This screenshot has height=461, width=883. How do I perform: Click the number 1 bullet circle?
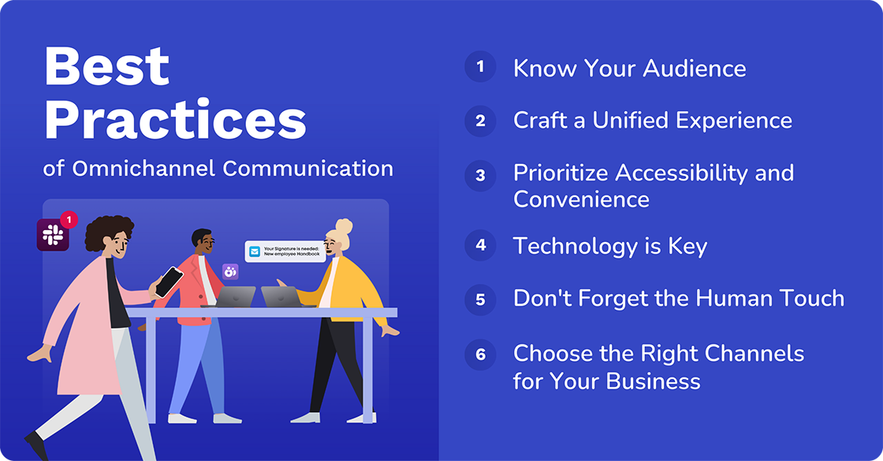point(480,66)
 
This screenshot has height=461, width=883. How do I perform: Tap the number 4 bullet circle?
point(480,245)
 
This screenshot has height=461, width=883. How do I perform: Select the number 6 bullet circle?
point(480,354)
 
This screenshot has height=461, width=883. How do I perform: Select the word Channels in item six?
point(748,353)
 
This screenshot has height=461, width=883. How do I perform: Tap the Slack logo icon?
point(53,235)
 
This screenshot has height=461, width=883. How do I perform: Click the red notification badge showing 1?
point(69,219)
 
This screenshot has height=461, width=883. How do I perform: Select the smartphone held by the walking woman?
point(168,281)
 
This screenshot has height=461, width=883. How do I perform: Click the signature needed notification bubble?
point(285,251)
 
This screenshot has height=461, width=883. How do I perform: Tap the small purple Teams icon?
point(230,272)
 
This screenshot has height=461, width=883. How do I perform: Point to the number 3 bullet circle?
point(480,175)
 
